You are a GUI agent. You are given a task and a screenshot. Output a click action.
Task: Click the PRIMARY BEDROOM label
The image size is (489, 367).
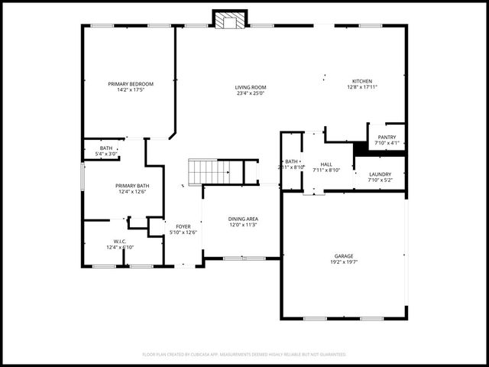[x=131, y=83]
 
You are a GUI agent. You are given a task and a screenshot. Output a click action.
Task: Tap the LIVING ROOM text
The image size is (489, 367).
[x=251, y=87]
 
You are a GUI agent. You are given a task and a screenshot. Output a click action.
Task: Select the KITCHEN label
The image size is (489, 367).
[x=362, y=81]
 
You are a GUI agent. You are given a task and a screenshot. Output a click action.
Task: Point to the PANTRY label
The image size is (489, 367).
[x=387, y=137]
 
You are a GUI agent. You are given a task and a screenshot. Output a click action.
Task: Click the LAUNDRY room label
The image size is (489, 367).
[x=380, y=174]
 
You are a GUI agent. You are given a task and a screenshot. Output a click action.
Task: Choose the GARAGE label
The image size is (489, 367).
[x=344, y=255]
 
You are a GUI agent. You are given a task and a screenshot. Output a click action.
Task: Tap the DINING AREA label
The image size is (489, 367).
[x=243, y=219]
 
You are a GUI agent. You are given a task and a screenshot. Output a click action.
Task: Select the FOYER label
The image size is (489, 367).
[x=183, y=226]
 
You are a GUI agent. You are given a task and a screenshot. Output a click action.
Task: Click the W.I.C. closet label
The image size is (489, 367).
[x=120, y=241]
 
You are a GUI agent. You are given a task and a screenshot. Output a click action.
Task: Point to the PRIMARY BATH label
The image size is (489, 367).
[x=132, y=186]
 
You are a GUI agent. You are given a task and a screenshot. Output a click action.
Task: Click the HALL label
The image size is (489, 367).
[x=326, y=164]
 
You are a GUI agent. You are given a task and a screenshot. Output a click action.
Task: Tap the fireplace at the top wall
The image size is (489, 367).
[x=229, y=21]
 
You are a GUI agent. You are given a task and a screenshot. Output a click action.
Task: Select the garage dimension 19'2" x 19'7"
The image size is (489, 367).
[x=344, y=261]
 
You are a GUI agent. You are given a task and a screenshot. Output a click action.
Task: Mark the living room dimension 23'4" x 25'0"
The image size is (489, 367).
[x=251, y=93]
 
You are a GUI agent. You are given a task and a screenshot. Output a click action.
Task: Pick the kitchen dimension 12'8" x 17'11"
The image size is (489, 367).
[x=362, y=87]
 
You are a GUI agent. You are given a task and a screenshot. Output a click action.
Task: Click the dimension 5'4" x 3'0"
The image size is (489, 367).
[x=105, y=154]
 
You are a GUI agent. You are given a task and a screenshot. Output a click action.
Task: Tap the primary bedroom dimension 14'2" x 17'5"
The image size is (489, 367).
[x=131, y=89]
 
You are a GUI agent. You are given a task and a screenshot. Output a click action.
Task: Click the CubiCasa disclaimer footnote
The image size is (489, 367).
[x=244, y=354]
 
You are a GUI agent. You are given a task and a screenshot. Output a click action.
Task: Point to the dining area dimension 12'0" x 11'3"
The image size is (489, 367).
[x=243, y=226]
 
